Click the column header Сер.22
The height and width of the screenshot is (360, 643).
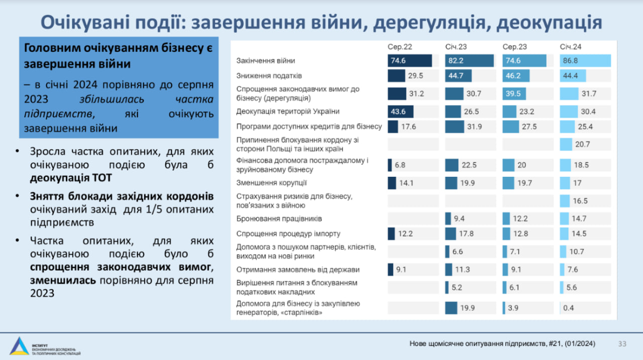400,47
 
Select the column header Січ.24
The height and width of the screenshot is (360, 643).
571,47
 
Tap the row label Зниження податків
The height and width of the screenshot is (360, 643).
269,76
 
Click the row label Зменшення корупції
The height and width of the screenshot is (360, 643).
271,183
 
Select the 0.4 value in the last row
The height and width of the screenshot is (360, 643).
569,308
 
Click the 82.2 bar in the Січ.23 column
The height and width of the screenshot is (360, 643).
469,61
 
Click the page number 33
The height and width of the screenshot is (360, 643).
622,344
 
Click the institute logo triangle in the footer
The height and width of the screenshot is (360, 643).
19,346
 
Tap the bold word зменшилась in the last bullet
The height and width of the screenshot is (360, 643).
62,280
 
